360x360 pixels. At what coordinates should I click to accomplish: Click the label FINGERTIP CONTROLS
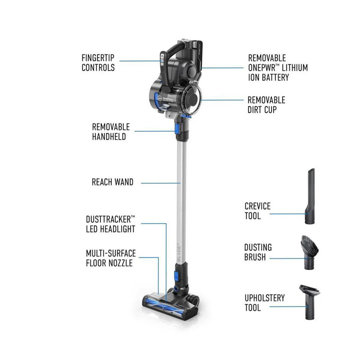pos(98,63)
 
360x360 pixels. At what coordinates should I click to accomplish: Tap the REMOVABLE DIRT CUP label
pos(266,105)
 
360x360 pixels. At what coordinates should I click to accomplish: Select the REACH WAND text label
pos(112,182)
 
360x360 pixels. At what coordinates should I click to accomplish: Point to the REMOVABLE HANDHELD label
pos(111,131)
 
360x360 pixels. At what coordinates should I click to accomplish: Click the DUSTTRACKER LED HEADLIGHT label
pos(110,224)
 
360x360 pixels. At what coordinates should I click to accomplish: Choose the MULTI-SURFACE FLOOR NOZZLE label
pos(111,258)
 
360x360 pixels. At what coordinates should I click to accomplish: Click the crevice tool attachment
pos(310,196)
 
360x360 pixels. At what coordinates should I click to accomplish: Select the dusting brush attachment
pos(310,252)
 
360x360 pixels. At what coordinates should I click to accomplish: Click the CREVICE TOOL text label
pos(257,211)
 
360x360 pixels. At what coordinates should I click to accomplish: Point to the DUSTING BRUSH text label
pos(258,252)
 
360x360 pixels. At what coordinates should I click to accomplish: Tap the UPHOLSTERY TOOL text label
pos(265,302)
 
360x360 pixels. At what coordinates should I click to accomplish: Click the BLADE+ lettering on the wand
pos(179,253)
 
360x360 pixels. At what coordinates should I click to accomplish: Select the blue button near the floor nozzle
pos(177,276)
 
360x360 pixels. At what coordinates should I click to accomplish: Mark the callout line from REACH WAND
pos(161,183)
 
